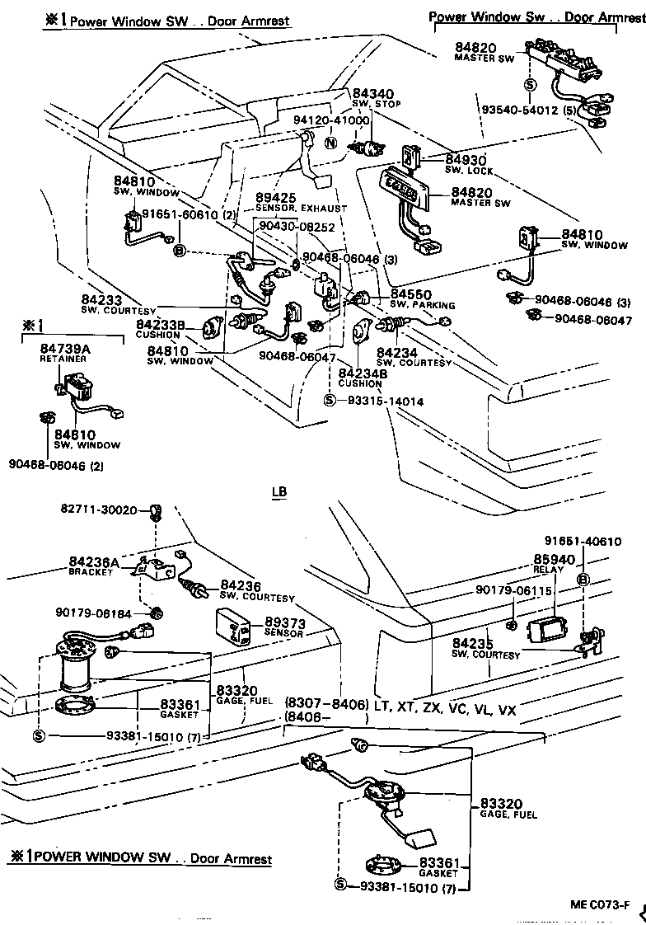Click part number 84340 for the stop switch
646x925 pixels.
point(373,94)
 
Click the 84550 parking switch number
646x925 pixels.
point(410,293)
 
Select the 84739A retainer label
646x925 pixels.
point(65,349)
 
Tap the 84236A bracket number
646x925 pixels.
point(93,562)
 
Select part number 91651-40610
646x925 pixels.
point(583,541)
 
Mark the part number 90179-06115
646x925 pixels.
point(513,590)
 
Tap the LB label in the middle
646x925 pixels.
point(279,492)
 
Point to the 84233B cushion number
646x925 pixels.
point(161,325)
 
